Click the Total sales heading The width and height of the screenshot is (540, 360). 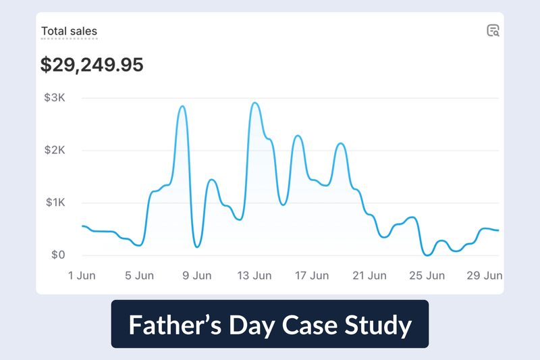click(69, 31)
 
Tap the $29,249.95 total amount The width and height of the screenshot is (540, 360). click(92, 65)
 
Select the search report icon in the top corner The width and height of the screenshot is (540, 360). click(493, 30)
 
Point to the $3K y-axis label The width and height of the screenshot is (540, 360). click(54, 98)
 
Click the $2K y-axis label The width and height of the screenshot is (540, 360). click(54, 151)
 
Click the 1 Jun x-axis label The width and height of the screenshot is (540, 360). click(81, 276)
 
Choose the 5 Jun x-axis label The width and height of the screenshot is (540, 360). click(139, 276)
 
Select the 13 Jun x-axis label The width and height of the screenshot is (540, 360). click(254, 276)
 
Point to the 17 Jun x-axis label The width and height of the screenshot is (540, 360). click(311, 276)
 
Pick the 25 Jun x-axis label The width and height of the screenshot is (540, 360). click(427, 276)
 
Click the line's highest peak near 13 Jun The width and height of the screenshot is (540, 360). click(254, 103)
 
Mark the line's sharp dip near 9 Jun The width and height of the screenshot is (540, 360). click(197, 247)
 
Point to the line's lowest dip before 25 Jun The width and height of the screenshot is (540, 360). click(427, 255)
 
